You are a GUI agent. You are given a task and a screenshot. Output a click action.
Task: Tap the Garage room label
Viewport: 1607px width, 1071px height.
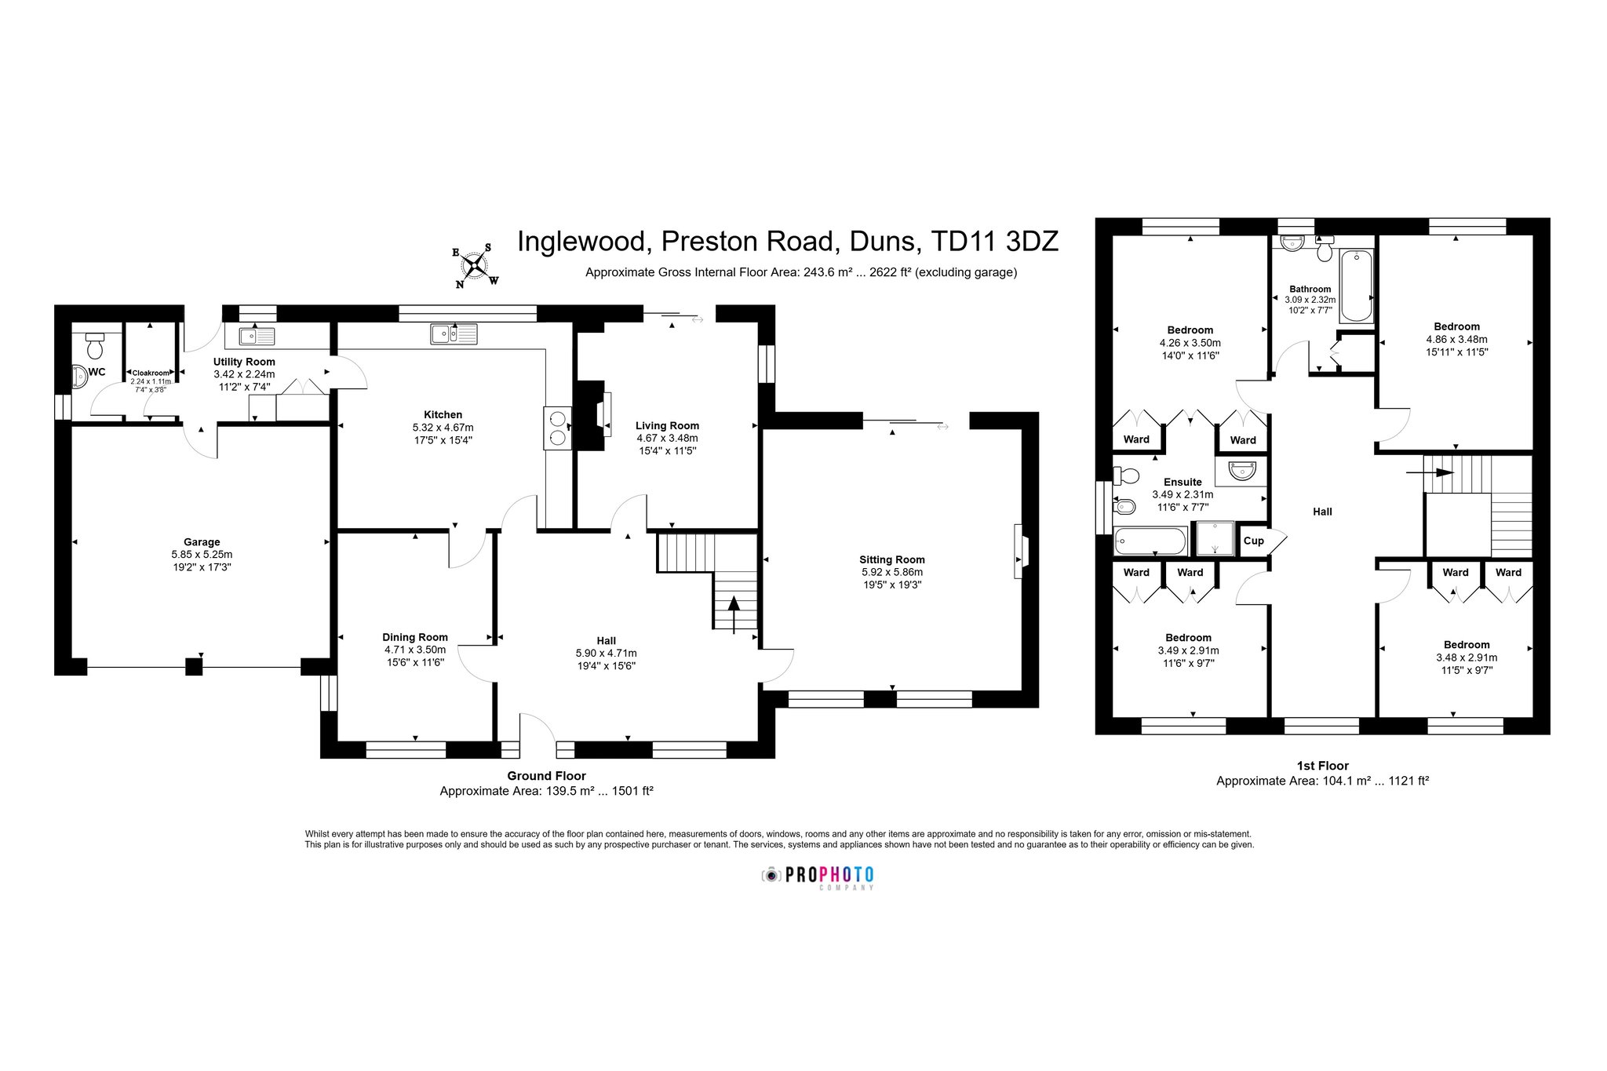point(202,541)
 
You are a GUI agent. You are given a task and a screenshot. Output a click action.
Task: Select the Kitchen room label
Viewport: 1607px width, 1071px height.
point(443,414)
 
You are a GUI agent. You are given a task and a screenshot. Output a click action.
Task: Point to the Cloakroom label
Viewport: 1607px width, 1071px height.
point(151,373)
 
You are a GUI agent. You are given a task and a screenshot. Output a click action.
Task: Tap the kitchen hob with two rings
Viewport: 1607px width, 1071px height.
point(558,428)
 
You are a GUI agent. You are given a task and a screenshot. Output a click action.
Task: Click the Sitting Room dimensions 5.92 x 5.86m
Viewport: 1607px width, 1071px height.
point(891,572)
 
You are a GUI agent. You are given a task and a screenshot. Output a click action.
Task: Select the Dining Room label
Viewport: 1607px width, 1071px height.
point(415,637)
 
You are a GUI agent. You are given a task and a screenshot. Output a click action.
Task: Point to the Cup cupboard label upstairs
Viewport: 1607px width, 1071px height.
point(1254,541)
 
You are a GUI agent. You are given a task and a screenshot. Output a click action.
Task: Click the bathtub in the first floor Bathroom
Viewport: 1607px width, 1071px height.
point(1357,286)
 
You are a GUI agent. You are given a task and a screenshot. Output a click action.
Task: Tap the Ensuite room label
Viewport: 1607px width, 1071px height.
point(1182,482)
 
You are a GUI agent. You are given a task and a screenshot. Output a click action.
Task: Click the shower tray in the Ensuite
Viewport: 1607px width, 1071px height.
point(1213,538)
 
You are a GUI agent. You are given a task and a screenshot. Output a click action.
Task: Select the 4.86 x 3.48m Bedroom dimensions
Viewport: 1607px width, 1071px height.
point(1456,340)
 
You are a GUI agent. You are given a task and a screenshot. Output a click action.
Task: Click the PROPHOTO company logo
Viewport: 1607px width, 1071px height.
point(818,876)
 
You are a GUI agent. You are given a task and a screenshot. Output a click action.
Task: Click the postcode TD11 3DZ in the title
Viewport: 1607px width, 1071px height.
point(994,241)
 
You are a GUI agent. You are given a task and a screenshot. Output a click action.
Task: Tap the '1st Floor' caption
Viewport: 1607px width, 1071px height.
point(1322,766)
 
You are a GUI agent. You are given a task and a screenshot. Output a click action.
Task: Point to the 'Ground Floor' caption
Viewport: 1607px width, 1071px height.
point(546,776)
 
